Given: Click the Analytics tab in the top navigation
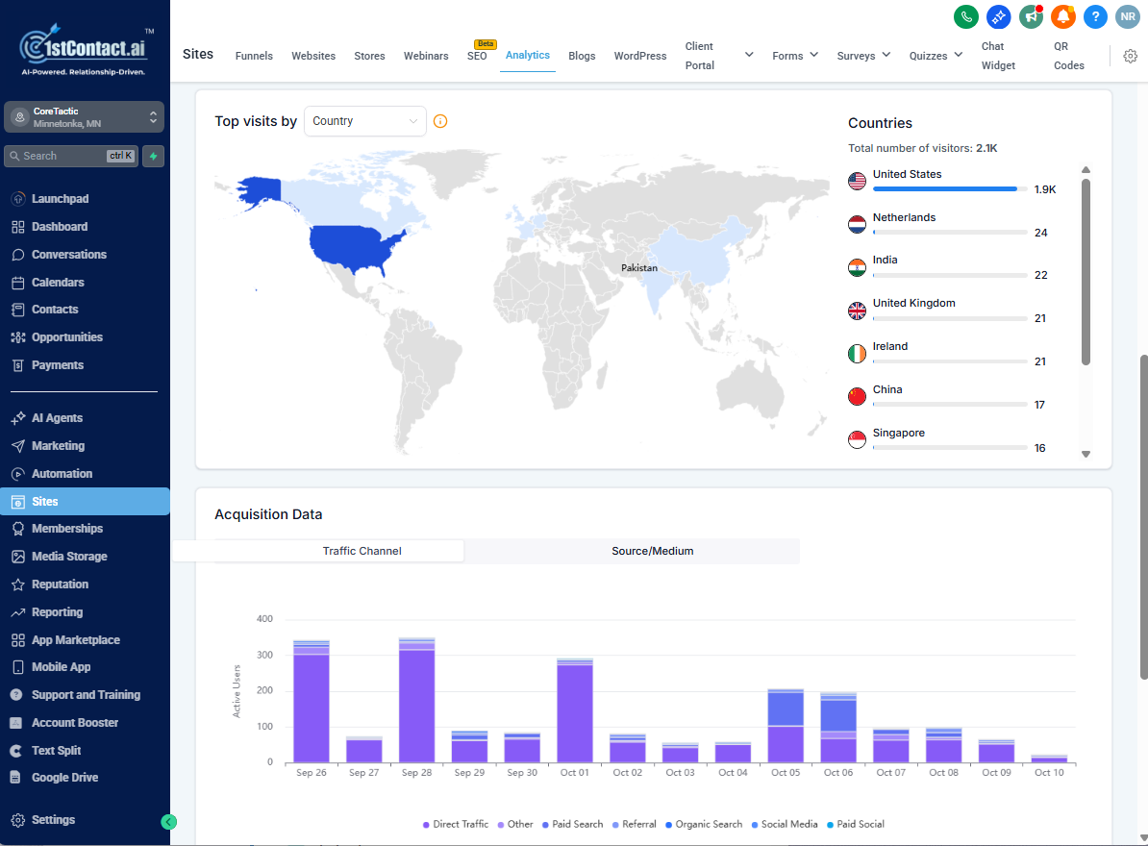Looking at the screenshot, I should pyautogui.click(x=527, y=55).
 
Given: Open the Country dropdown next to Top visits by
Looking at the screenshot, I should pyautogui.click(x=364, y=121).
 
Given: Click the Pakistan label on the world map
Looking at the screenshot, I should pyautogui.click(x=638, y=268).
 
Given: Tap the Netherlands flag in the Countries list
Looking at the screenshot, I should pyautogui.click(x=857, y=225).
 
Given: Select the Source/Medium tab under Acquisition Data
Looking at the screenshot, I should pyautogui.click(x=652, y=551).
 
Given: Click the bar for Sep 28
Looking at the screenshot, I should pyautogui.click(x=416, y=701).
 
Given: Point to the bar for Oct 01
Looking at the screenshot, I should pyautogui.click(x=575, y=711).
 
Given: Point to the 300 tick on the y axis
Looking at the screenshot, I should pyautogui.click(x=264, y=655).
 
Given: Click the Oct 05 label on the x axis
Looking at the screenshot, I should pyautogui.click(x=786, y=773).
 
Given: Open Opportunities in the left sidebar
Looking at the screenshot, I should pyautogui.click(x=66, y=337).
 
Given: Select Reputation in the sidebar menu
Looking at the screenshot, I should pyautogui.click(x=60, y=585).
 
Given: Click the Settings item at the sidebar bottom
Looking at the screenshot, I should pyautogui.click(x=53, y=820).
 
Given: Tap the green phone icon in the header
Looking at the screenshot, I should pyautogui.click(x=965, y=16).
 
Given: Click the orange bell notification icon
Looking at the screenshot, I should pyautogui.click(x=1062, y=16).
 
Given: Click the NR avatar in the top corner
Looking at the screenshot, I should pyautogui.click(x=1127, y=16).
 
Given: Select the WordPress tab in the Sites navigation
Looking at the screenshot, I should pyautogui.click(x=639, y=56).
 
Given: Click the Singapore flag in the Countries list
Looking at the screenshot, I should pyautogui.click(x=857, y=440).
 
